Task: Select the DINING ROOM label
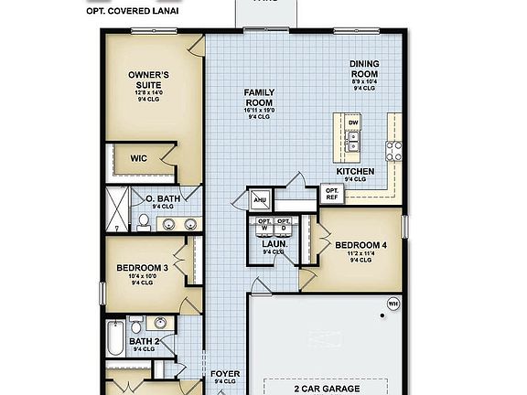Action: [x=364, y=69]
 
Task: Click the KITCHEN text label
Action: [x=355, y=171]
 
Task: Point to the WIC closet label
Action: [x=138, y=158]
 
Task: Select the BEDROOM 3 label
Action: [x=141, y=268]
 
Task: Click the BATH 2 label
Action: [x=144, y=341]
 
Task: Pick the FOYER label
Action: [x=225, y=373]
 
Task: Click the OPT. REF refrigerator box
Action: [x=331, y=193]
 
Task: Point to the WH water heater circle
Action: [x=393, y=303]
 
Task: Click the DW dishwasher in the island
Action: [x=353, y=122]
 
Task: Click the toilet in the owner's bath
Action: [x=144, y=221]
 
